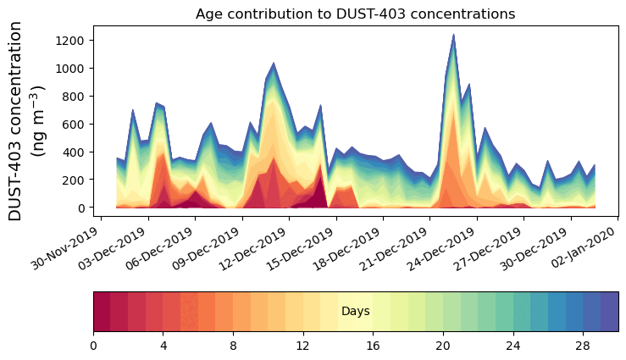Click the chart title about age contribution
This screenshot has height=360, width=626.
[355, 14]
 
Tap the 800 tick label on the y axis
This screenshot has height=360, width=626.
[75, 97]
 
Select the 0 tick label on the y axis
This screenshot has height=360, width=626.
[82, 208]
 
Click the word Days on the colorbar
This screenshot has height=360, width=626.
[355, 312]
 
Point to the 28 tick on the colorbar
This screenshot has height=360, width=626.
[582, 346]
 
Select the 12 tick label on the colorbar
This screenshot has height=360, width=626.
[302, 346]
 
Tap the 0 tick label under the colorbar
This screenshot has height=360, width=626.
[93, 346]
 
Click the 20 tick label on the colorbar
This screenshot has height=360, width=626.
[442, 346]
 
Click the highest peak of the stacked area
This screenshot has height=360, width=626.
[453, 36]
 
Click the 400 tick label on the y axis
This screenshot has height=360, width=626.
[75, 152]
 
